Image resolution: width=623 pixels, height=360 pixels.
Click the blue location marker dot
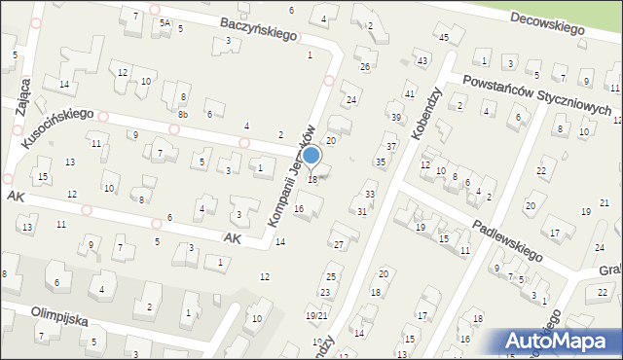311,156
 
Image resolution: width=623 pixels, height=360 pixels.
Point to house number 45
443,38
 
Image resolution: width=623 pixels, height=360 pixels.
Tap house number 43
421,61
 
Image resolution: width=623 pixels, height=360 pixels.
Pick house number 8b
182,114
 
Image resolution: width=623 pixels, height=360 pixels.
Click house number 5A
165,22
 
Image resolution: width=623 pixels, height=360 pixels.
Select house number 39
395,118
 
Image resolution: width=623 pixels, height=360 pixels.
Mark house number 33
369,196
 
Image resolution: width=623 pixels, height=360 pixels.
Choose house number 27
339,243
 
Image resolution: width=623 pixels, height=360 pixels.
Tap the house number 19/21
315,315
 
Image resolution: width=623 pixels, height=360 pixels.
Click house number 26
365,67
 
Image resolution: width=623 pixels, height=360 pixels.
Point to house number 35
381,162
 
